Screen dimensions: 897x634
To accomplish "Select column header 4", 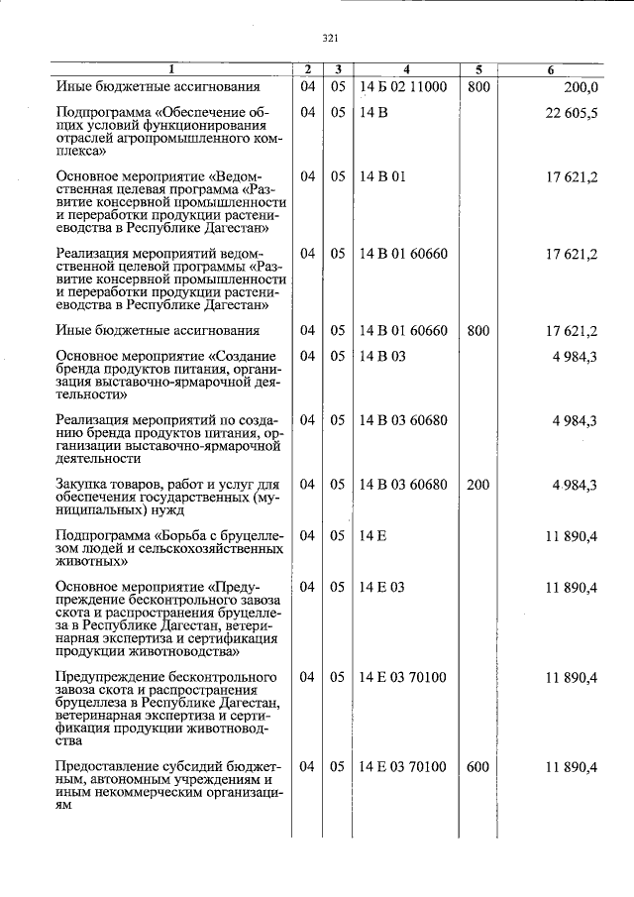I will [406, 69].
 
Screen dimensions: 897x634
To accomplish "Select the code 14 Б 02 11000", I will [403, 87].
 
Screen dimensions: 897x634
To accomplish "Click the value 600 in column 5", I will [478, 767].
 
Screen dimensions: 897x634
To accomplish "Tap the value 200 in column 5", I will [478, 484].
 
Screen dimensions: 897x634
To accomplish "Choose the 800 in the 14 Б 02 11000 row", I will [478, 87].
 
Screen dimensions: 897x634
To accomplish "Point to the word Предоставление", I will [112, 767].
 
